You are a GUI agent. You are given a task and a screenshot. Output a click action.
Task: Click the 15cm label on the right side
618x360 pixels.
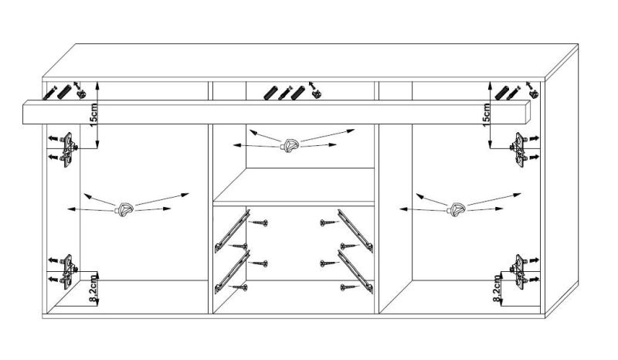pos(487,115)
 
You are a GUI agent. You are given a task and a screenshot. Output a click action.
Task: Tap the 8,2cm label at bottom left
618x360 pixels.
pos(93,290)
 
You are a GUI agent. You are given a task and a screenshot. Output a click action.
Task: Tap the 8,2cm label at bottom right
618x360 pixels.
pos(497,289)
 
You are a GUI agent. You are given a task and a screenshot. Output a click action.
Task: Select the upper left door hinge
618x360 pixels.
pos(69,150)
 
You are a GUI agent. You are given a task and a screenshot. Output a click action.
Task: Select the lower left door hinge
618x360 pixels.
pos(69,272)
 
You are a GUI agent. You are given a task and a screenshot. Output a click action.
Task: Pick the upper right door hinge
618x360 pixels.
pos(519,150)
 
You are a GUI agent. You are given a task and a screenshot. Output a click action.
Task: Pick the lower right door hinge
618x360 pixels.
pos(519,272)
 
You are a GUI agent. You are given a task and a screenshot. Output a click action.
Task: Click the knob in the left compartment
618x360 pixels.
pos(124,209)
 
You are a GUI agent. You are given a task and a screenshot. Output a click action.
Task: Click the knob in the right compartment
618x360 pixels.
pos(457,209)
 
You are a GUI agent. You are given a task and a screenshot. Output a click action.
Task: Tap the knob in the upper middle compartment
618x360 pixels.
pos(290,144)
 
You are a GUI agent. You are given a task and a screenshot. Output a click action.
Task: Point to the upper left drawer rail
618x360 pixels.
pos(233,231)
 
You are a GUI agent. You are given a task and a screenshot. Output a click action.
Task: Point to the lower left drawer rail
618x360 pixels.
pos(233,272)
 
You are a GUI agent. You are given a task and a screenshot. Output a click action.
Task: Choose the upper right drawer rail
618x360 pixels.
pos(355,231)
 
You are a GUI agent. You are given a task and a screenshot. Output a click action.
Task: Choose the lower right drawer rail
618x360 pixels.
pos(355,272)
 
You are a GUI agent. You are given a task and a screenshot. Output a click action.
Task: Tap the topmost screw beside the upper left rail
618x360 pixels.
pos(260,222)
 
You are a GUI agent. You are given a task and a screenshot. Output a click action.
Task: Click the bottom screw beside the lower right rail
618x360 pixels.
pos(349,287)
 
